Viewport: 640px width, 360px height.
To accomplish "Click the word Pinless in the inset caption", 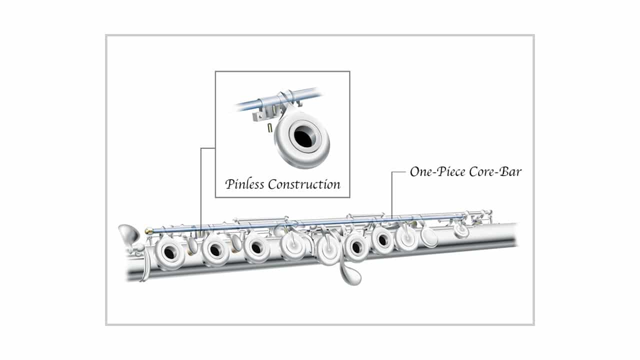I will tap(244, 184).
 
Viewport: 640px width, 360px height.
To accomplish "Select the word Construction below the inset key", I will tap(304, 184).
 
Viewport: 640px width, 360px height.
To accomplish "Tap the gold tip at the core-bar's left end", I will tap(148, 230).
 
